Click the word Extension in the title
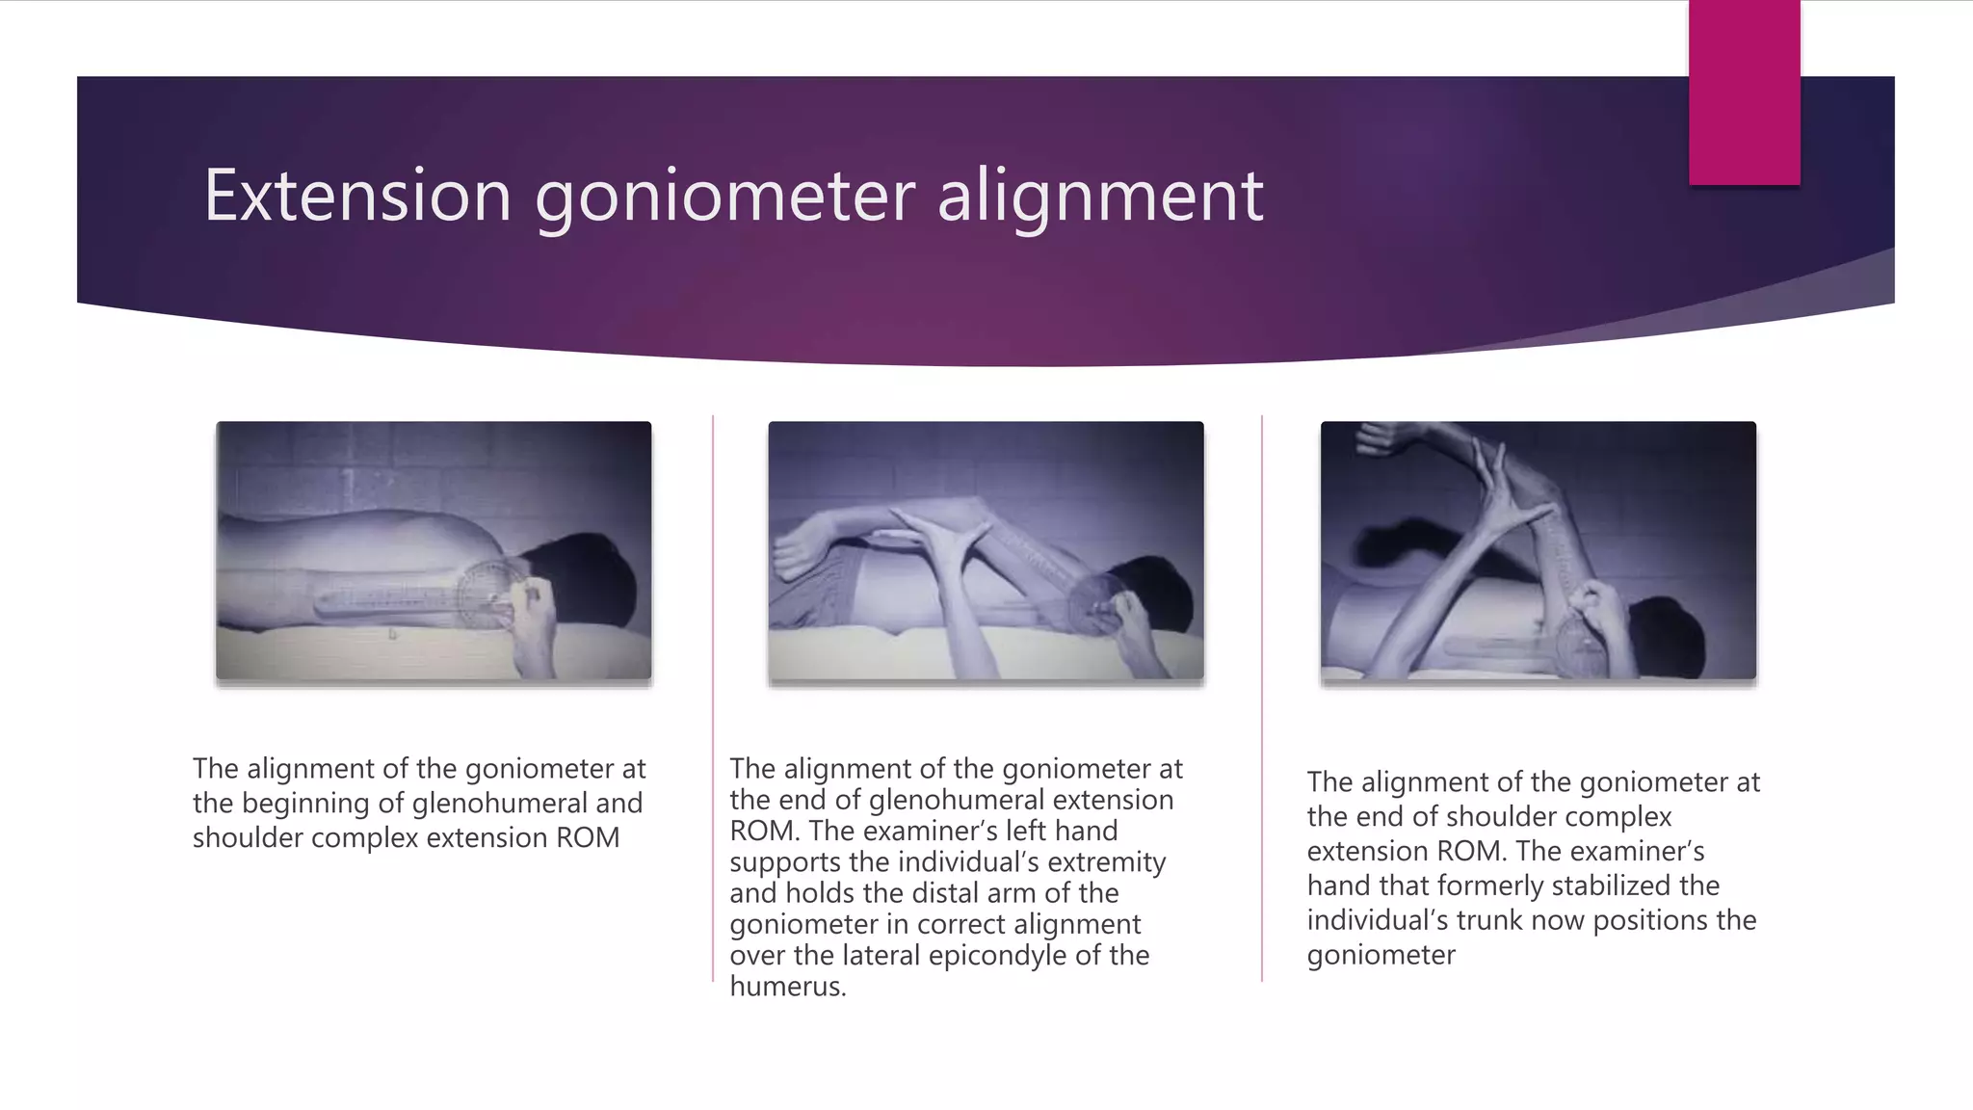(x=356, y=196)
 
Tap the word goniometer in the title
(x=724, y=198)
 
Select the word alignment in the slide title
(x=1100, y=198)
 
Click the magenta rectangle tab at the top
(x=1744, y=92)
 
